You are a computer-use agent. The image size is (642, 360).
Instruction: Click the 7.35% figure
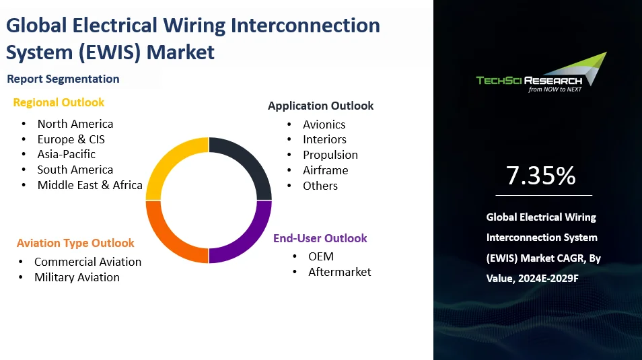541,176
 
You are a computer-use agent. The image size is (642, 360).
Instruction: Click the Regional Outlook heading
59,102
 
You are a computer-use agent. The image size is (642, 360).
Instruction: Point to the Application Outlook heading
320,106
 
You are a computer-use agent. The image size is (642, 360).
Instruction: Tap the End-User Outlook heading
320,238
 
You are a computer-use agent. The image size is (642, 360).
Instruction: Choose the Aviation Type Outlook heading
75,243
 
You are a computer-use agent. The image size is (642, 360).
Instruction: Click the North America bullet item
75,124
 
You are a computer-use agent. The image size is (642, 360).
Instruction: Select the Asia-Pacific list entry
67,154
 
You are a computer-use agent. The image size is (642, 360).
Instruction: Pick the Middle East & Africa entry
90,185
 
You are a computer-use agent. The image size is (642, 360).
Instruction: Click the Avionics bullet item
324,124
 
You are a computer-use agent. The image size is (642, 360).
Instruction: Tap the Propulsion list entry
330,155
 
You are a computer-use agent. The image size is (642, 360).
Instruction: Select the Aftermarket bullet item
339,272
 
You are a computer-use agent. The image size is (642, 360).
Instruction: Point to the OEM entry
320,256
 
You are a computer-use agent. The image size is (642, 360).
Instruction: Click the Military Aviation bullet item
77,277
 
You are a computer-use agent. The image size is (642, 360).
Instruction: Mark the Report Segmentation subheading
63,79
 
